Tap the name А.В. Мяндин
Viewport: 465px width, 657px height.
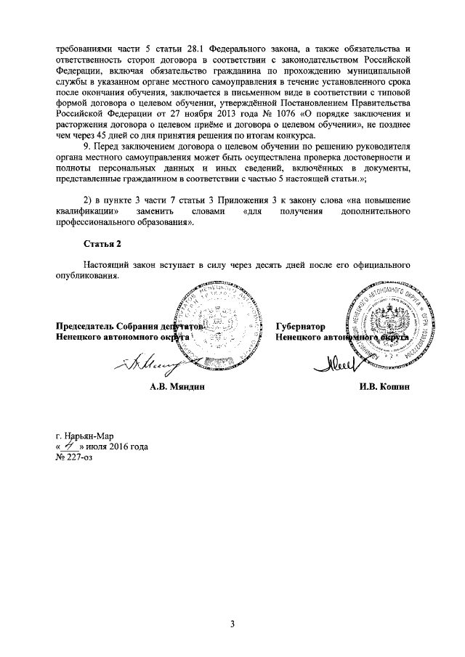tap(177, 388)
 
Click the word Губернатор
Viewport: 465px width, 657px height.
tap(300, 327)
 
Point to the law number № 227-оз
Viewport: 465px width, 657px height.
tap(74, 457)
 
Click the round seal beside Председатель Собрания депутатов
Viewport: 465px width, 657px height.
tap(218, 319)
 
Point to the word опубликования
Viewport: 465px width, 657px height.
tap(86, 276)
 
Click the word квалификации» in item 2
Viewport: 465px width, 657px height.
tap(87, 211)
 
